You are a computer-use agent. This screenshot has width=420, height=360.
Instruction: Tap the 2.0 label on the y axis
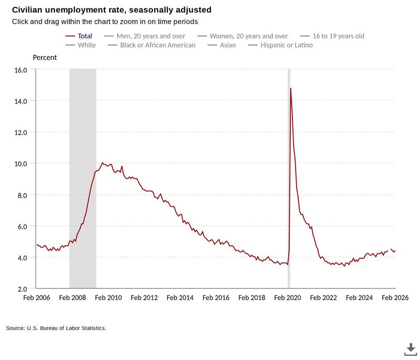(x=22, y=289)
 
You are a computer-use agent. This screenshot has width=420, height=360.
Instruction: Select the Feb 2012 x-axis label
(x=144, y=297)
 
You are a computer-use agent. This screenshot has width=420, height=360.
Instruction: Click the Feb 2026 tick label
(x=394, y=297)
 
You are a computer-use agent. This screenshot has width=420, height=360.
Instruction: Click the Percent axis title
(x=45, y=57)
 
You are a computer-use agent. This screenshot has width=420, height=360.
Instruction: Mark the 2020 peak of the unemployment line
(x=290, y=88)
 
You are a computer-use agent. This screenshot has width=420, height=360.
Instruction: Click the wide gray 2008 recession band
(x=82, y=179)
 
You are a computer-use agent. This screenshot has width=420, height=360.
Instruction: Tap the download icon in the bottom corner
(x=410, y=348)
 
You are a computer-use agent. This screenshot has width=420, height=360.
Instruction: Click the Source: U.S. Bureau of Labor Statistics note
(x=56, y=328)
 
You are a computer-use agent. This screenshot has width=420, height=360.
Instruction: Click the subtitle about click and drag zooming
(x=105, y=22)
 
